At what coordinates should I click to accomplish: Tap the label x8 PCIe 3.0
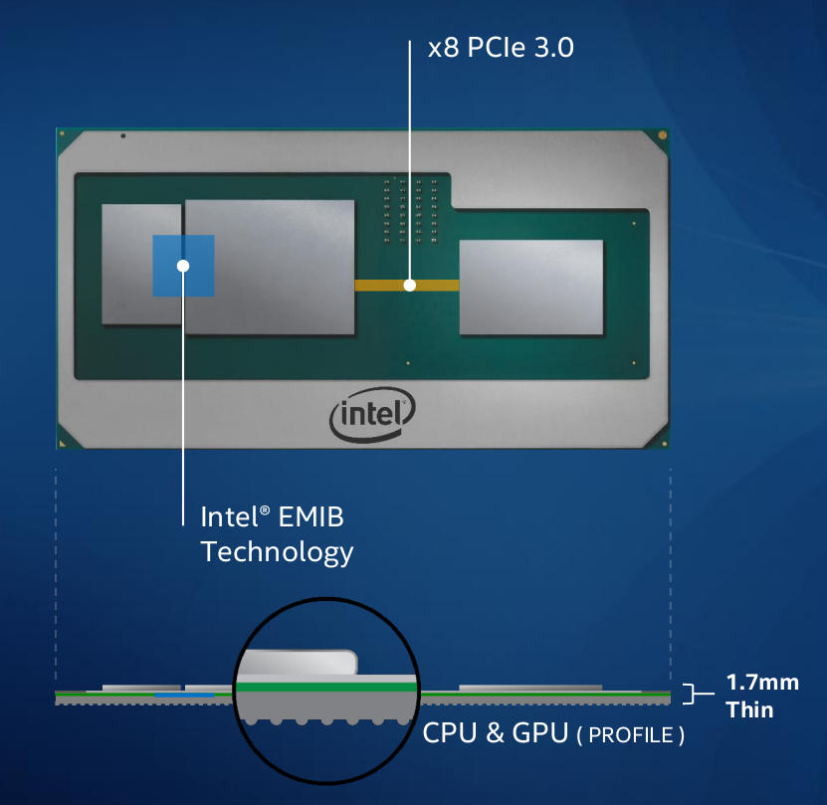click(501, 48)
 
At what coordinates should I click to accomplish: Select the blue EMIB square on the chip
click(183, 266)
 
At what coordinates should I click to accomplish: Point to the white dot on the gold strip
click(409, 285)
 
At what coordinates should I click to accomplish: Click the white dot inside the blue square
click(183, 265)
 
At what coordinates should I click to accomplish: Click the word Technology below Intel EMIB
click(277, 551)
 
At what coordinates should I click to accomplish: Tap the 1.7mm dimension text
click(762, 684)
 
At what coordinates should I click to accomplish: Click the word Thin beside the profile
click(749, 709)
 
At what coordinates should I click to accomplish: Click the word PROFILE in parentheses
click(631, 736)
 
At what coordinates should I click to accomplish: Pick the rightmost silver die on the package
click(530, 287)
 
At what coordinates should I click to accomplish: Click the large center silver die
click(270, 267)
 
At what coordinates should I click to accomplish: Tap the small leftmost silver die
click(139, 264)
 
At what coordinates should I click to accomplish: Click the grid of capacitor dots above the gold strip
click(409, 210)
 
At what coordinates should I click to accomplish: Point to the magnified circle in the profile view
click(325, 687)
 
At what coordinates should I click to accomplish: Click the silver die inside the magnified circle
click(299, 662)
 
